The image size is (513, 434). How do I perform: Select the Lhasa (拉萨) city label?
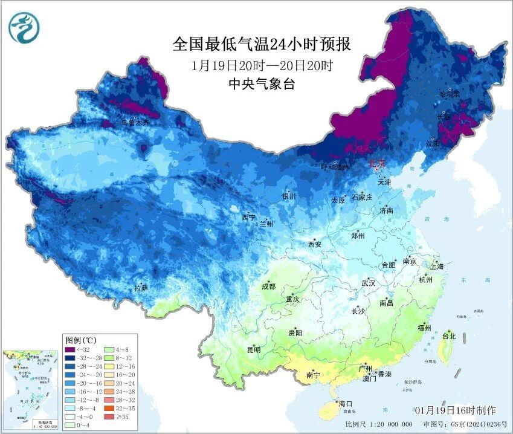click(141, 288)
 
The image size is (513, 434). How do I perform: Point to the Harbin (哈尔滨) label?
click(449, 95)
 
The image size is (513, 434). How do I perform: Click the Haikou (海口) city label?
click(346, 403)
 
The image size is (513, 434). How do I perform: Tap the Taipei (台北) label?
click(449, 335)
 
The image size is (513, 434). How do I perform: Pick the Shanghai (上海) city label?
click(436, 266)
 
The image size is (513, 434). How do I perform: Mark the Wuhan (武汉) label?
click(368, 283)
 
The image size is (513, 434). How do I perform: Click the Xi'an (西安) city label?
click(315, 244)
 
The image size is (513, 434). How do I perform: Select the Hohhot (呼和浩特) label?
click(334, 167)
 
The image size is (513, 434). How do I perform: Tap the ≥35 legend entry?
click(115, 416)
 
